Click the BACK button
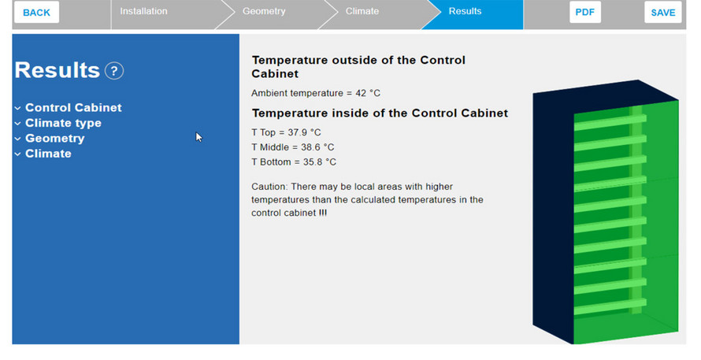point(37,12)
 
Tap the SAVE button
point(663,12)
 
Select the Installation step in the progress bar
point(143,11)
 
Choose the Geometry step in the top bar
point(264,11)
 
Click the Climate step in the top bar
point(362,11)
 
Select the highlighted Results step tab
point(465,11)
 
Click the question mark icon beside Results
point(114,71)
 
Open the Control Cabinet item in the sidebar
point(73,107)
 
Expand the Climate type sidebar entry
point(63,123)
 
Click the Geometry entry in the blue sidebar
point(54,138)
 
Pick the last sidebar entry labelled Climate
point(48,154)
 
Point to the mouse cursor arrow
point(199,137)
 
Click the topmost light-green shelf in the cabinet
point(610,122)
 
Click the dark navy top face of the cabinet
point(606,95)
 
